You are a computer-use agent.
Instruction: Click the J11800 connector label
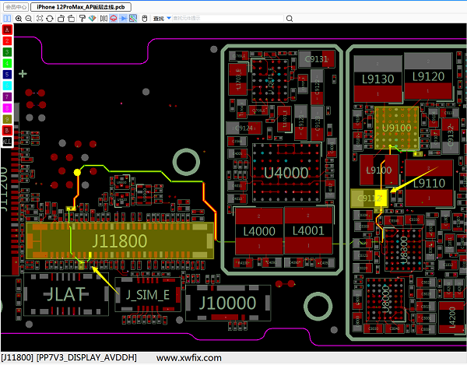tap(119, 241)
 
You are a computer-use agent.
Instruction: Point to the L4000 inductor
tap(259, 231)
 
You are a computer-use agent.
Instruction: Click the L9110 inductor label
tap(427, 183)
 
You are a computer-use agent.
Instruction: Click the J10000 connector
tap(224, 302)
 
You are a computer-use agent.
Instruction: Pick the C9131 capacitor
tap(317, 58)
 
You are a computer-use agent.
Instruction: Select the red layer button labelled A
tap(7, 30)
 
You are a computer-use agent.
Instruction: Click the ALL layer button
tap(7, 142)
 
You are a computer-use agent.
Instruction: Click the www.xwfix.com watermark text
tap(189, 358)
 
